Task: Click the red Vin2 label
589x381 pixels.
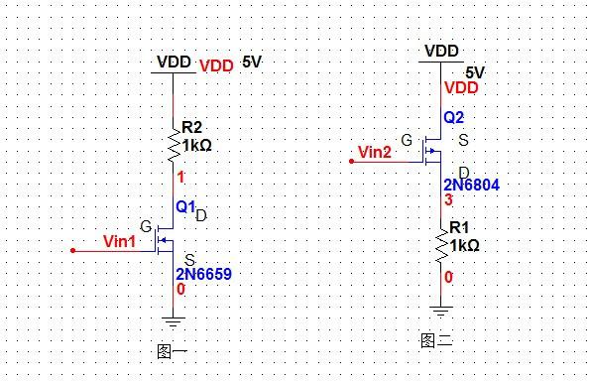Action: coord(376,152)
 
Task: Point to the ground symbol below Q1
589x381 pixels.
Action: coord(174,319)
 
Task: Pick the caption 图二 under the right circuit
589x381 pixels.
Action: coord(436,341)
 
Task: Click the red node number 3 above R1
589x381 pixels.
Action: coord(448,200)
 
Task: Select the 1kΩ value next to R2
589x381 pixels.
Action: coord(196,144)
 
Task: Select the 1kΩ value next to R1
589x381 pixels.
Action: coord(464,245)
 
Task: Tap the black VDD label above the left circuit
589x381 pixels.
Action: coord(174,62)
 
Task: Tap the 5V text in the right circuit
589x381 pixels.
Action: coord(475,73)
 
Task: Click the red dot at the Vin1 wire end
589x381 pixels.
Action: coord(72,251)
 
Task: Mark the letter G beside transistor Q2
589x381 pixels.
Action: coord(406,139)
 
